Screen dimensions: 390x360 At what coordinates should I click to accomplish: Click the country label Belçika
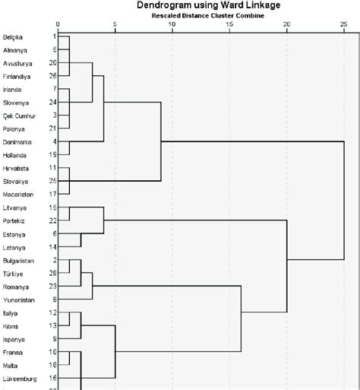click(13, 36)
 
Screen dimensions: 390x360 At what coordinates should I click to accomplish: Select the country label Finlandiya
click(17, 75)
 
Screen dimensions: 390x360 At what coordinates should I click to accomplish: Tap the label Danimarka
click(17, 141)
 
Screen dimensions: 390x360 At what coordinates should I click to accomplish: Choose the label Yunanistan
click(17, 300)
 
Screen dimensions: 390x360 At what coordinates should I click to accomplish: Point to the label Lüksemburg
click(19, 378)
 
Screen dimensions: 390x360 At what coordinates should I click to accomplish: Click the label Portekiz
click(14, 220)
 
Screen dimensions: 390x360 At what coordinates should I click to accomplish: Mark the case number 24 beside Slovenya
click(52, 102)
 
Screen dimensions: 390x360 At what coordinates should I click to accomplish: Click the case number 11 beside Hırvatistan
click(52, 167)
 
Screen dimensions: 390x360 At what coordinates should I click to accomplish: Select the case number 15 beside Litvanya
click(52, 208)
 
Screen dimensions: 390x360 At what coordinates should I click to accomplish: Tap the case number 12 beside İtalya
click(52, 312)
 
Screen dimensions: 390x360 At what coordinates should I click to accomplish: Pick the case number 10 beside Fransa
click(52, 352)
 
